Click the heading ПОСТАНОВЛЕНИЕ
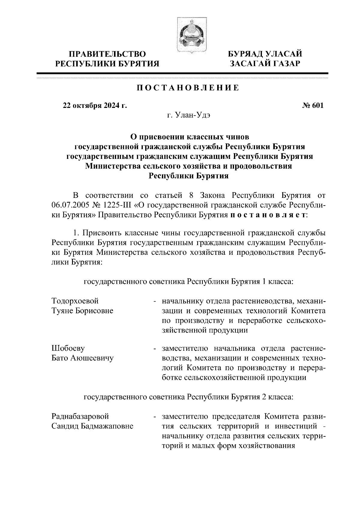coord(188,88)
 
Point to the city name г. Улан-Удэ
coord(188,115)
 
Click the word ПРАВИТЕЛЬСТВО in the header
coord(108,54)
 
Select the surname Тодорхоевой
coord(75,301)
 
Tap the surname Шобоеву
coord(68,349)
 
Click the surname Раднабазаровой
coord(80,416)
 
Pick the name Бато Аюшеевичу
coord(82,358)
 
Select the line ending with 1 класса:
coord(188,282)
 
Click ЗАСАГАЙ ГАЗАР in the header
coord(265,64)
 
